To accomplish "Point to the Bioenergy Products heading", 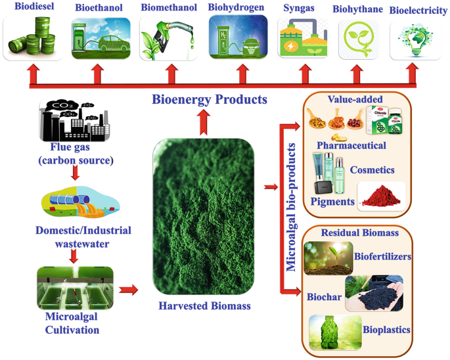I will pos(210,100).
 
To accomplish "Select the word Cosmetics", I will pos(371,169).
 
